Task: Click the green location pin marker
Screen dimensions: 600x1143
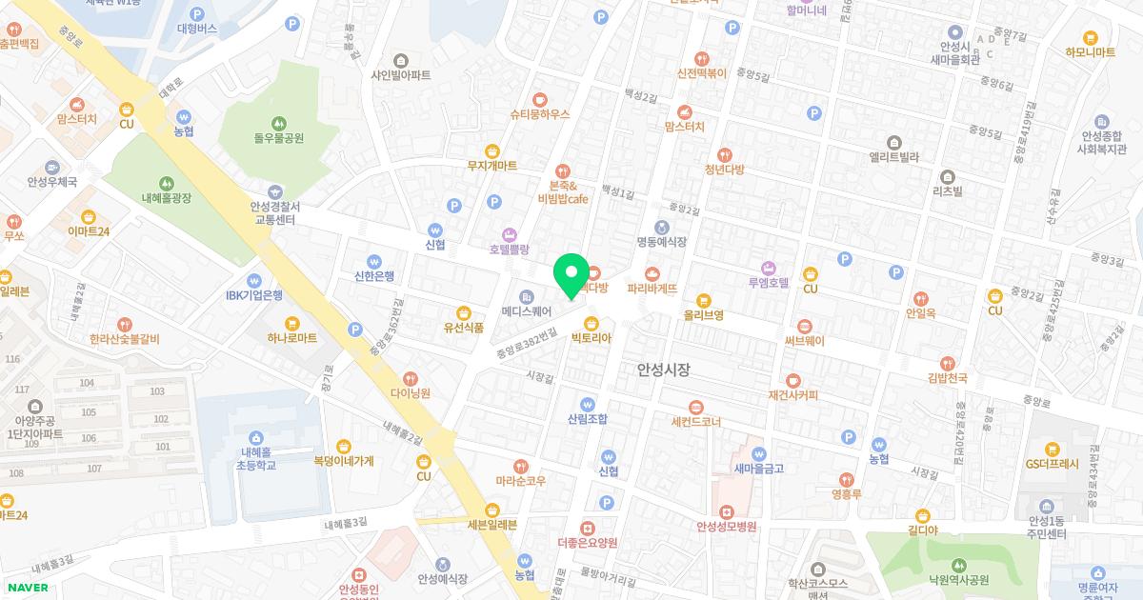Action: point(571,276)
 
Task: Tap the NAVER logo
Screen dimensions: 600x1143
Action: point(27,587)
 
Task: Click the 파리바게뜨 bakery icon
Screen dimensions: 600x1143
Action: point(652,272)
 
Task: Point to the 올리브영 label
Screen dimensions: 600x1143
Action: point(703,314)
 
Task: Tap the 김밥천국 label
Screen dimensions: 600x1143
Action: point(947,378)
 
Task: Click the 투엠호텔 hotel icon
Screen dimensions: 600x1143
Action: point(770,267)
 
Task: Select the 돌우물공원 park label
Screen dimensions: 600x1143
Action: point(278,138)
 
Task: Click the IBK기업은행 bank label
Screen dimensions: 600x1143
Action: point(254,295)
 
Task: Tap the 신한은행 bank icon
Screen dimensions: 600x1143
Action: point(374,261)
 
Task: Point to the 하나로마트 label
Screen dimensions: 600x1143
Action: point(291,338)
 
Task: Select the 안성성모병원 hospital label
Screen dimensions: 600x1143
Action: point(726,526)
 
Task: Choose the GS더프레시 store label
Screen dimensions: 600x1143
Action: point(1052,465)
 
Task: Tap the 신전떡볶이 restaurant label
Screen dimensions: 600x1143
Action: point(702,72)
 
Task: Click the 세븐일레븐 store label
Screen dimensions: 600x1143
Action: point(491,525)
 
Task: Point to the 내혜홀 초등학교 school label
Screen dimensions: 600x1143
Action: point(257,459)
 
